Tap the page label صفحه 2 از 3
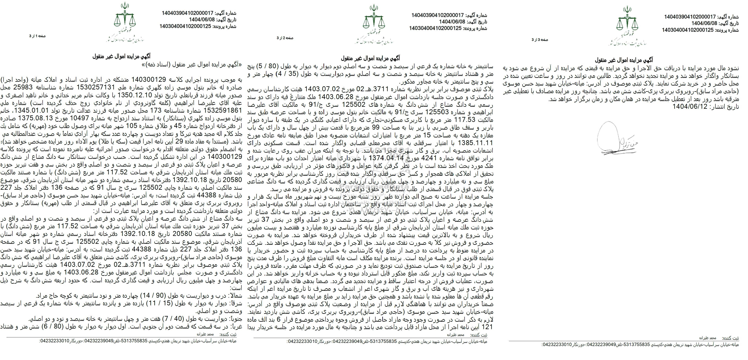click(285, 38)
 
